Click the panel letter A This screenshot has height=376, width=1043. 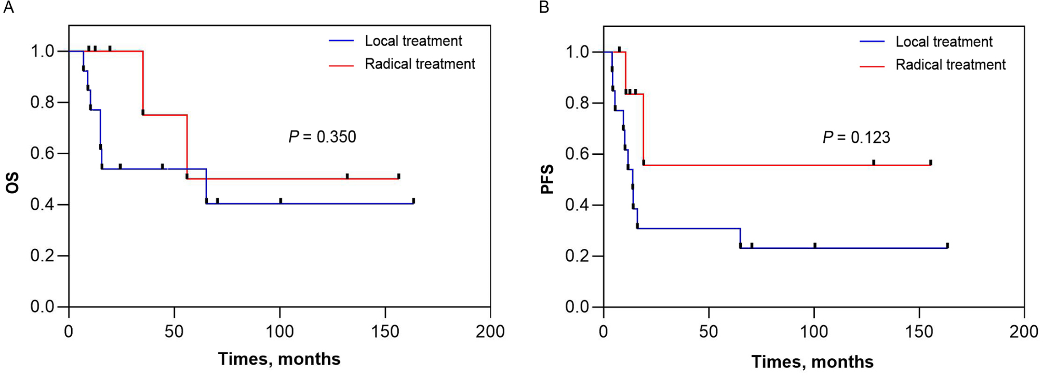[8, 8]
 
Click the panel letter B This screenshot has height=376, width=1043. [544, 8]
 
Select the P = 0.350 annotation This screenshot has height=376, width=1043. [322, 137]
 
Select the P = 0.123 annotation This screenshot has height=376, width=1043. [856, 137]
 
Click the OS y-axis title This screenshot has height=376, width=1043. [12, 183]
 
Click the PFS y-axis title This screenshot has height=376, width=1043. [547, 179]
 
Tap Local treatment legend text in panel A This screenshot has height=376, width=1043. [413, 41]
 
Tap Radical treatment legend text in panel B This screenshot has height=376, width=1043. [950, 65]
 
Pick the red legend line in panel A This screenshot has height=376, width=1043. [341, 65]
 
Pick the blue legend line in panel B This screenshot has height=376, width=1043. [872, 42]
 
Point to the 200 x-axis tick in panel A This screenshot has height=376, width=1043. [490, 331]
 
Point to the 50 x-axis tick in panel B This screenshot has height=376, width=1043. [708, 331]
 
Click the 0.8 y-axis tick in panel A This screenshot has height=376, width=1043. [42, 102]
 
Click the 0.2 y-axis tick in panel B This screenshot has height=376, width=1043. [577, 256]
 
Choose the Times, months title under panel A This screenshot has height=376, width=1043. [279, 359]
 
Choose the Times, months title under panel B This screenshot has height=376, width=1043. [812, 361]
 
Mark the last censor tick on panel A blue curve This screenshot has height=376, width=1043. [413, 200]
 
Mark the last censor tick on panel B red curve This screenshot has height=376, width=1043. [930, 163]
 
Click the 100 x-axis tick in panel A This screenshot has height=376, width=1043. [279, 331]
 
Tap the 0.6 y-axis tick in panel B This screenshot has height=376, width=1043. [577, 154]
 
